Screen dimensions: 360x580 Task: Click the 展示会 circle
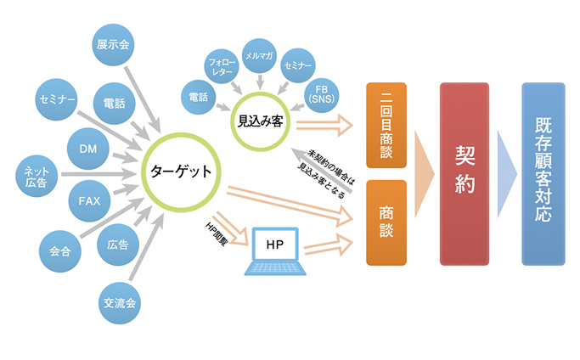point(113,45)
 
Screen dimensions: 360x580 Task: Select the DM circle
point(88,149)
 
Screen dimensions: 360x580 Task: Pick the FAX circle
point(89,202)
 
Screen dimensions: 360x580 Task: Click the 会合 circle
point(59,251)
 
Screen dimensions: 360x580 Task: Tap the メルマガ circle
point(259,55)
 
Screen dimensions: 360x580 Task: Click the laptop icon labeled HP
point(274,250)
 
